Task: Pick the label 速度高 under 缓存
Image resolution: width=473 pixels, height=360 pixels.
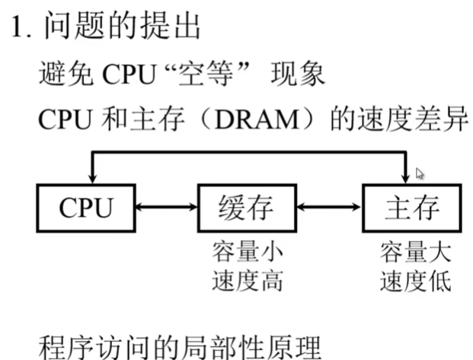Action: click(x=246, y=281)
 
